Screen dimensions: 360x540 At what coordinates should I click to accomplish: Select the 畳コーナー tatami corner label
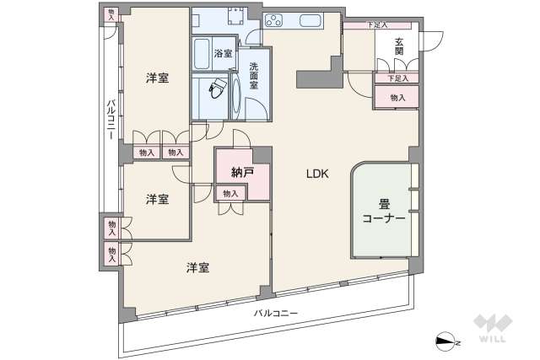[x=384, y=211]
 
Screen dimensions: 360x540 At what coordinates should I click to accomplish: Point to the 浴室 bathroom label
[x=223, y=54]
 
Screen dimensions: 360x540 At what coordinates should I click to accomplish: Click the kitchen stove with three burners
[x=277, y=22]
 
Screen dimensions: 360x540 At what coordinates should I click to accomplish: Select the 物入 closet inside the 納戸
[x=229, y=194]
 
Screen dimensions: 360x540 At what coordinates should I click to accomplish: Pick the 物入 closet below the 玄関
[x=398, y=98]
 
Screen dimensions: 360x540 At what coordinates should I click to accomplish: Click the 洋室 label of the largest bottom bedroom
[x=198, y=268]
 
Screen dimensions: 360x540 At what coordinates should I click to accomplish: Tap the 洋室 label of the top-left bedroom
[x=157, y=78]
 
